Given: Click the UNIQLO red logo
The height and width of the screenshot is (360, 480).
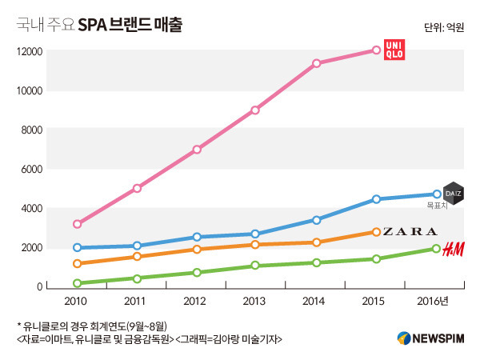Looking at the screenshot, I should tap(394, 49).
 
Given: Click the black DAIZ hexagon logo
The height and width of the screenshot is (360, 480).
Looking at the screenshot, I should tap(454, 194).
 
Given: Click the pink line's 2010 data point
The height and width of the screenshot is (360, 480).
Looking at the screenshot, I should tap(77, 224).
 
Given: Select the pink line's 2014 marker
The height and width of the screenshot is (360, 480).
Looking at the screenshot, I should tap(317, 63).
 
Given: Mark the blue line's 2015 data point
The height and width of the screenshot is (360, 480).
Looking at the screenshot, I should tap(376, 199).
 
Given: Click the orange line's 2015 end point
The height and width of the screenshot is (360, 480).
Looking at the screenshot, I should tap(376, 232).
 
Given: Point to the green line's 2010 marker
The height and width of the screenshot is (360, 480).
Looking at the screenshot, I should tap(77, 283).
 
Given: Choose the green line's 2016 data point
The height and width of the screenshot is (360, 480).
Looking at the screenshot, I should tap(436, 249).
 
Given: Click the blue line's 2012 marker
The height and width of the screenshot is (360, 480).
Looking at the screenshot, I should tap(197, 237).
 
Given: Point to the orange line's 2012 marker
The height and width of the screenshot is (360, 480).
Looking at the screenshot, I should tap(197, 250).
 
